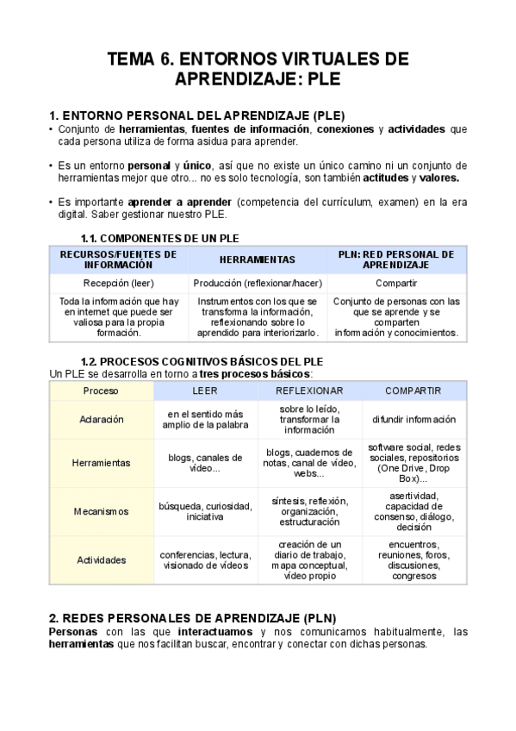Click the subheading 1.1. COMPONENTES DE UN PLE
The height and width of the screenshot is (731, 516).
pyautogui.click(x=159, y=237)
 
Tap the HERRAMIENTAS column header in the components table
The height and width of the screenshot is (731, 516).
pyautogui.click(x=257, y=259)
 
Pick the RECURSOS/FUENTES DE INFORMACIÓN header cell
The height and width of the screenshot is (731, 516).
pyautogui.click(x=119, y=259)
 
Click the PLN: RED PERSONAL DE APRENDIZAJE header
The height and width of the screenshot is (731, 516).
pyautogui.click(x=396, y=259)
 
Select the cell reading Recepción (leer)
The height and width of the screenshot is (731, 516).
pyautogui.click(x=119, y=283)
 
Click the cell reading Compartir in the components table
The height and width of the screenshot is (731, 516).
pyautogui.click(x=396, y=283)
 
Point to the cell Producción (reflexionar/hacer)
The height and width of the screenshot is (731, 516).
pyautogui.click(x=257, y=283)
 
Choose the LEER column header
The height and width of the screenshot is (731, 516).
pyautogui.click(x=204, y=390)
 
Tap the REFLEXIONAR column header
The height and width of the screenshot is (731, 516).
pyautogui.click(x=308, y=390)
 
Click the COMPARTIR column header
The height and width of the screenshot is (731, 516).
pyautogui.click(x=413, y=390)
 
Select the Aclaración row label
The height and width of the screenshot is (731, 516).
pyautogui.click(x=101, y=419)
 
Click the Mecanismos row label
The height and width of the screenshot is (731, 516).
pyautogui.click(x=101, y=511)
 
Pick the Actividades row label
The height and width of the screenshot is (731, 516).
pyautogui.click(x=101, y=559)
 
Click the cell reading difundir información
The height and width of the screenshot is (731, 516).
pyautogui.click(x=413, y=419)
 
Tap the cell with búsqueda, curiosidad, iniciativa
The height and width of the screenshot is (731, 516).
pyautogui.click(x=204, y=511)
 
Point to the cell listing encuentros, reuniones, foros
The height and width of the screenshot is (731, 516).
pyautogui.click(x=413, y=559)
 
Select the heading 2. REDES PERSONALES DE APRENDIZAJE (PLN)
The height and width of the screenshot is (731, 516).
pyautogui.click(x=193, y=618)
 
